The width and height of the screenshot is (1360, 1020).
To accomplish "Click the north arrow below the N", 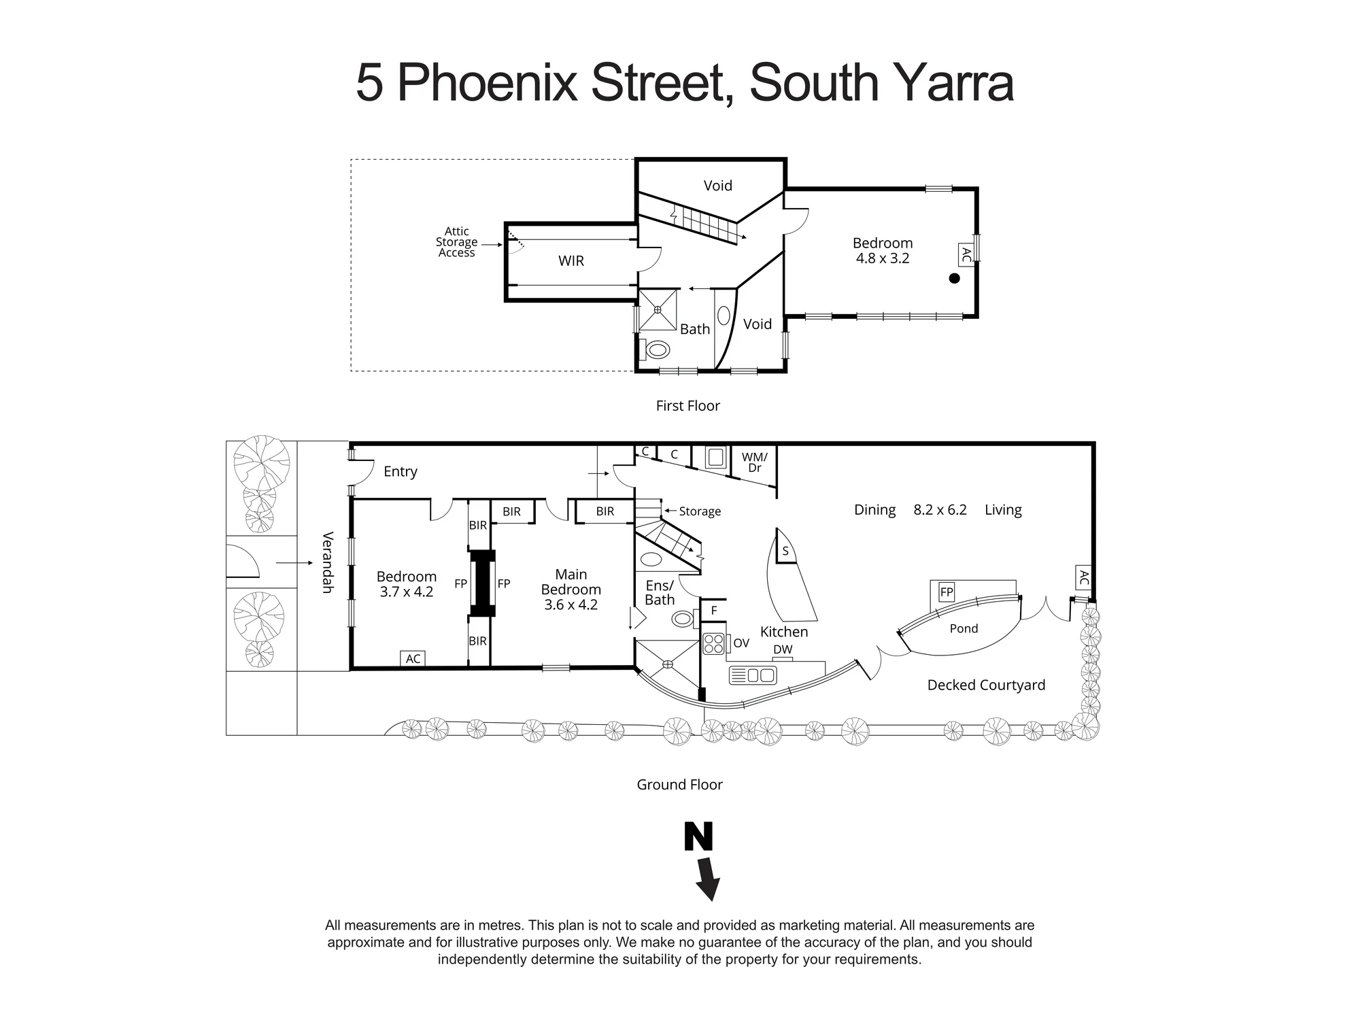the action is tap(708, 879).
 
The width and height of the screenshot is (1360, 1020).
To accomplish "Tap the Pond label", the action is tap(964, 629).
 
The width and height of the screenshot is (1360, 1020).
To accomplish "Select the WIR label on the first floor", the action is tap(571, 261).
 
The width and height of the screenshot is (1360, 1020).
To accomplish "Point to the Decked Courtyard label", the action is tap(986, 685).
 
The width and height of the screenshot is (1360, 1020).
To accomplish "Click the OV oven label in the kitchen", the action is tap(741, 643).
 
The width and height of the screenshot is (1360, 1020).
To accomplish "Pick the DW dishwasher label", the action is tap(783, 649).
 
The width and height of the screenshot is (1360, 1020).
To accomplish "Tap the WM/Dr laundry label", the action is tap(754, 462).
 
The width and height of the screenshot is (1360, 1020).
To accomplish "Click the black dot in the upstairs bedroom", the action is tap(955, 278).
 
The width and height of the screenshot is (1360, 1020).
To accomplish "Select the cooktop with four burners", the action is tap(714, 643).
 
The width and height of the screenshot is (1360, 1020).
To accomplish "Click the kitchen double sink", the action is tap(753, 675).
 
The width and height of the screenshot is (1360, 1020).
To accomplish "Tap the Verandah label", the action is tap(327, 562).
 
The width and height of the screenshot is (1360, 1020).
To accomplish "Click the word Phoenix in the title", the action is tap(487, 83).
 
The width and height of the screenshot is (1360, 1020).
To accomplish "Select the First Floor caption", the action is tap(687, 406).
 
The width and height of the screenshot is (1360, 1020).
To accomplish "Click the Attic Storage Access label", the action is tap(457, 242).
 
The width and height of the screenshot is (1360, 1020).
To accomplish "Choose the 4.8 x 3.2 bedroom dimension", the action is tap(883, 258).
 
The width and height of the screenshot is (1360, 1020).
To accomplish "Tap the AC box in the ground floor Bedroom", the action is tap(413, 658).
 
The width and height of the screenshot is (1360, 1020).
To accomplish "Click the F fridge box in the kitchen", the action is tap(714, 611).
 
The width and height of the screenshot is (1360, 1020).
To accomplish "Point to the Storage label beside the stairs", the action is tap(700, 511).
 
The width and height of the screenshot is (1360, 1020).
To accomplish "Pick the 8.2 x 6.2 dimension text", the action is tap(940, 510).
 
